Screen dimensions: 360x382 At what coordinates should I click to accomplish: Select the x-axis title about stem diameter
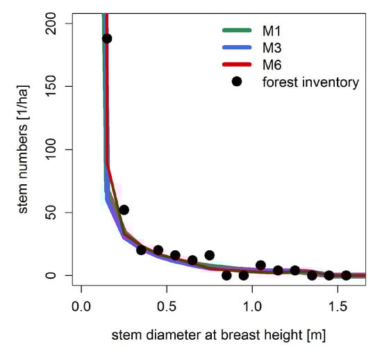point(218,335)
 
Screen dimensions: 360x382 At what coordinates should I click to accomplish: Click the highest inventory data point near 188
point(107,38)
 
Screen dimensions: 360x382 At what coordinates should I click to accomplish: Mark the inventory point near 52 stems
point(124,210)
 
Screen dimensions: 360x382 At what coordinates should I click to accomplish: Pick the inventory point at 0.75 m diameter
point(209,255)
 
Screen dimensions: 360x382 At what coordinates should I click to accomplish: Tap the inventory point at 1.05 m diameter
point(260,265)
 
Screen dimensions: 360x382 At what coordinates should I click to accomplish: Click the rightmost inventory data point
point(346,275)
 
